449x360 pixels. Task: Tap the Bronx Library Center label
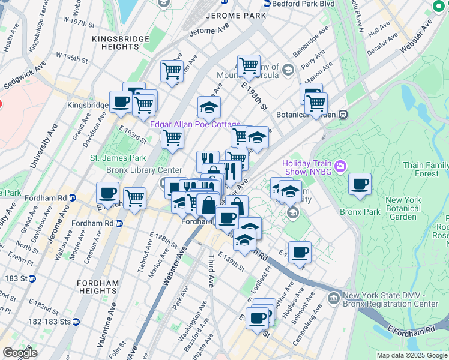(x=144, y=170)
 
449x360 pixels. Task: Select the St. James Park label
(x=118, y=158)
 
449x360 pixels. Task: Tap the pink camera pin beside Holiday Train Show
(x=340, y=165)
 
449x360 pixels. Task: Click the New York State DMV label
(x=390, y=300)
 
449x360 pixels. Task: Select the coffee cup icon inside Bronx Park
(x=360, y=184)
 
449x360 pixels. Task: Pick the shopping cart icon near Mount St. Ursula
(x=248, y=66)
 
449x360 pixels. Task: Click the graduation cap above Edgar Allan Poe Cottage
(x=209, y=108)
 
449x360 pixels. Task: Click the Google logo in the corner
(x=20, y=353)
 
